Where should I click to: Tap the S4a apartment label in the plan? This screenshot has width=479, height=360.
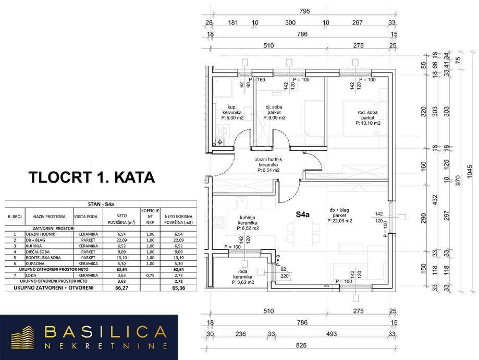click(303, 214)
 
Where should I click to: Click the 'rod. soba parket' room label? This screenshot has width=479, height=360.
click(368, 117)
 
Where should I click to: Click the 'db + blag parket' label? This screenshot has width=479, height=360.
click(341, 215)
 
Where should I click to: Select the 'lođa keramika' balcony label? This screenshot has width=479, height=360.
click(243, 276)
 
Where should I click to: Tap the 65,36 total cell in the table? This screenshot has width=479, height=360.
click(177, 287)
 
